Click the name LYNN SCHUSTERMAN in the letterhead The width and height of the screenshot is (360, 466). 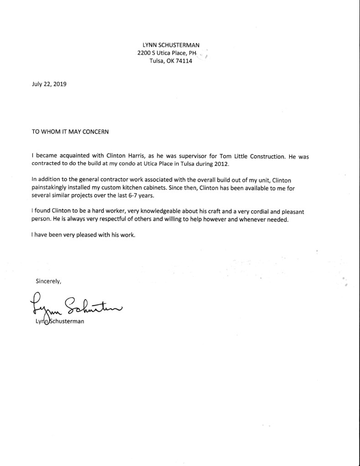171,45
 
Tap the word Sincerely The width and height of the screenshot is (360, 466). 48,281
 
